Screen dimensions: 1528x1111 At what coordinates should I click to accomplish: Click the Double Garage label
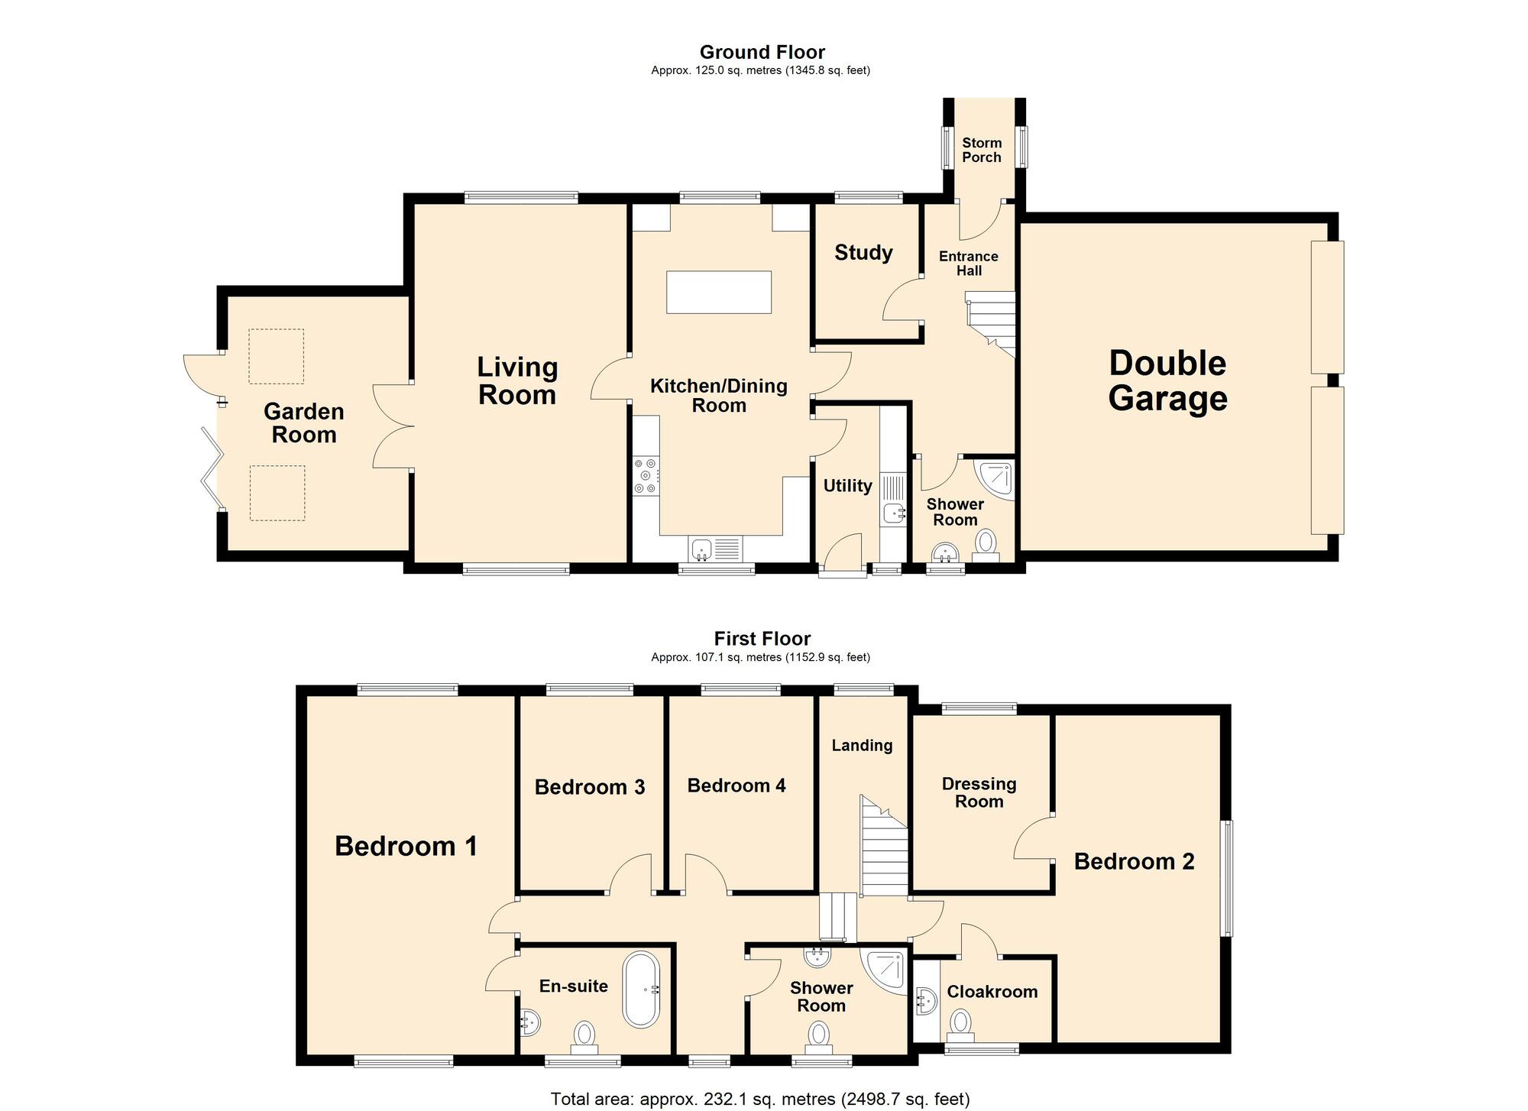coord(1167,381)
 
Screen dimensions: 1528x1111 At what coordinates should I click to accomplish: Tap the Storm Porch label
coord(982,150)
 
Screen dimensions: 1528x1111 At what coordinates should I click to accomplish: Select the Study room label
coord(863,253)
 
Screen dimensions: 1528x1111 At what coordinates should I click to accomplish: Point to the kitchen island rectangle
coord(719,292)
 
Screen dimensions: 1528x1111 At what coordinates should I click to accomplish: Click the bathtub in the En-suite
coord(641,990)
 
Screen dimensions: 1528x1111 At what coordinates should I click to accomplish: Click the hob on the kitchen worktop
coord(646,475)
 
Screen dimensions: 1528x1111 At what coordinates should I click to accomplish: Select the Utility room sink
coord(893,513)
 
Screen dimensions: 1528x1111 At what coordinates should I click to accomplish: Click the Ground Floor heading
coord(762,52)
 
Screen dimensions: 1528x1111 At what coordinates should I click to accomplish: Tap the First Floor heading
coord(762,638)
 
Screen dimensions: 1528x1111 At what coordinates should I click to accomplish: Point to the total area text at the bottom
coord(760,1099)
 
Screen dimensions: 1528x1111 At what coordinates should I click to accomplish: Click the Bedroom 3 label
coord(590,787)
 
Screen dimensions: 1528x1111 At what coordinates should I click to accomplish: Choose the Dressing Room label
coord(979,792)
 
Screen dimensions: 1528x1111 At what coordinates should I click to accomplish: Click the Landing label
coord(862,745)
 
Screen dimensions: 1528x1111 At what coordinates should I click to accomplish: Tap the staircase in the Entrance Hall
coord(992,324)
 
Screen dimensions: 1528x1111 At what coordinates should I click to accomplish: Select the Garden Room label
coord(304,423)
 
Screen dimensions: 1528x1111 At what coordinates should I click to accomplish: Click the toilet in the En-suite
coord(585,1038)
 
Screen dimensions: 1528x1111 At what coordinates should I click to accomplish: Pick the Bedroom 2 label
coord(1134,862)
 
